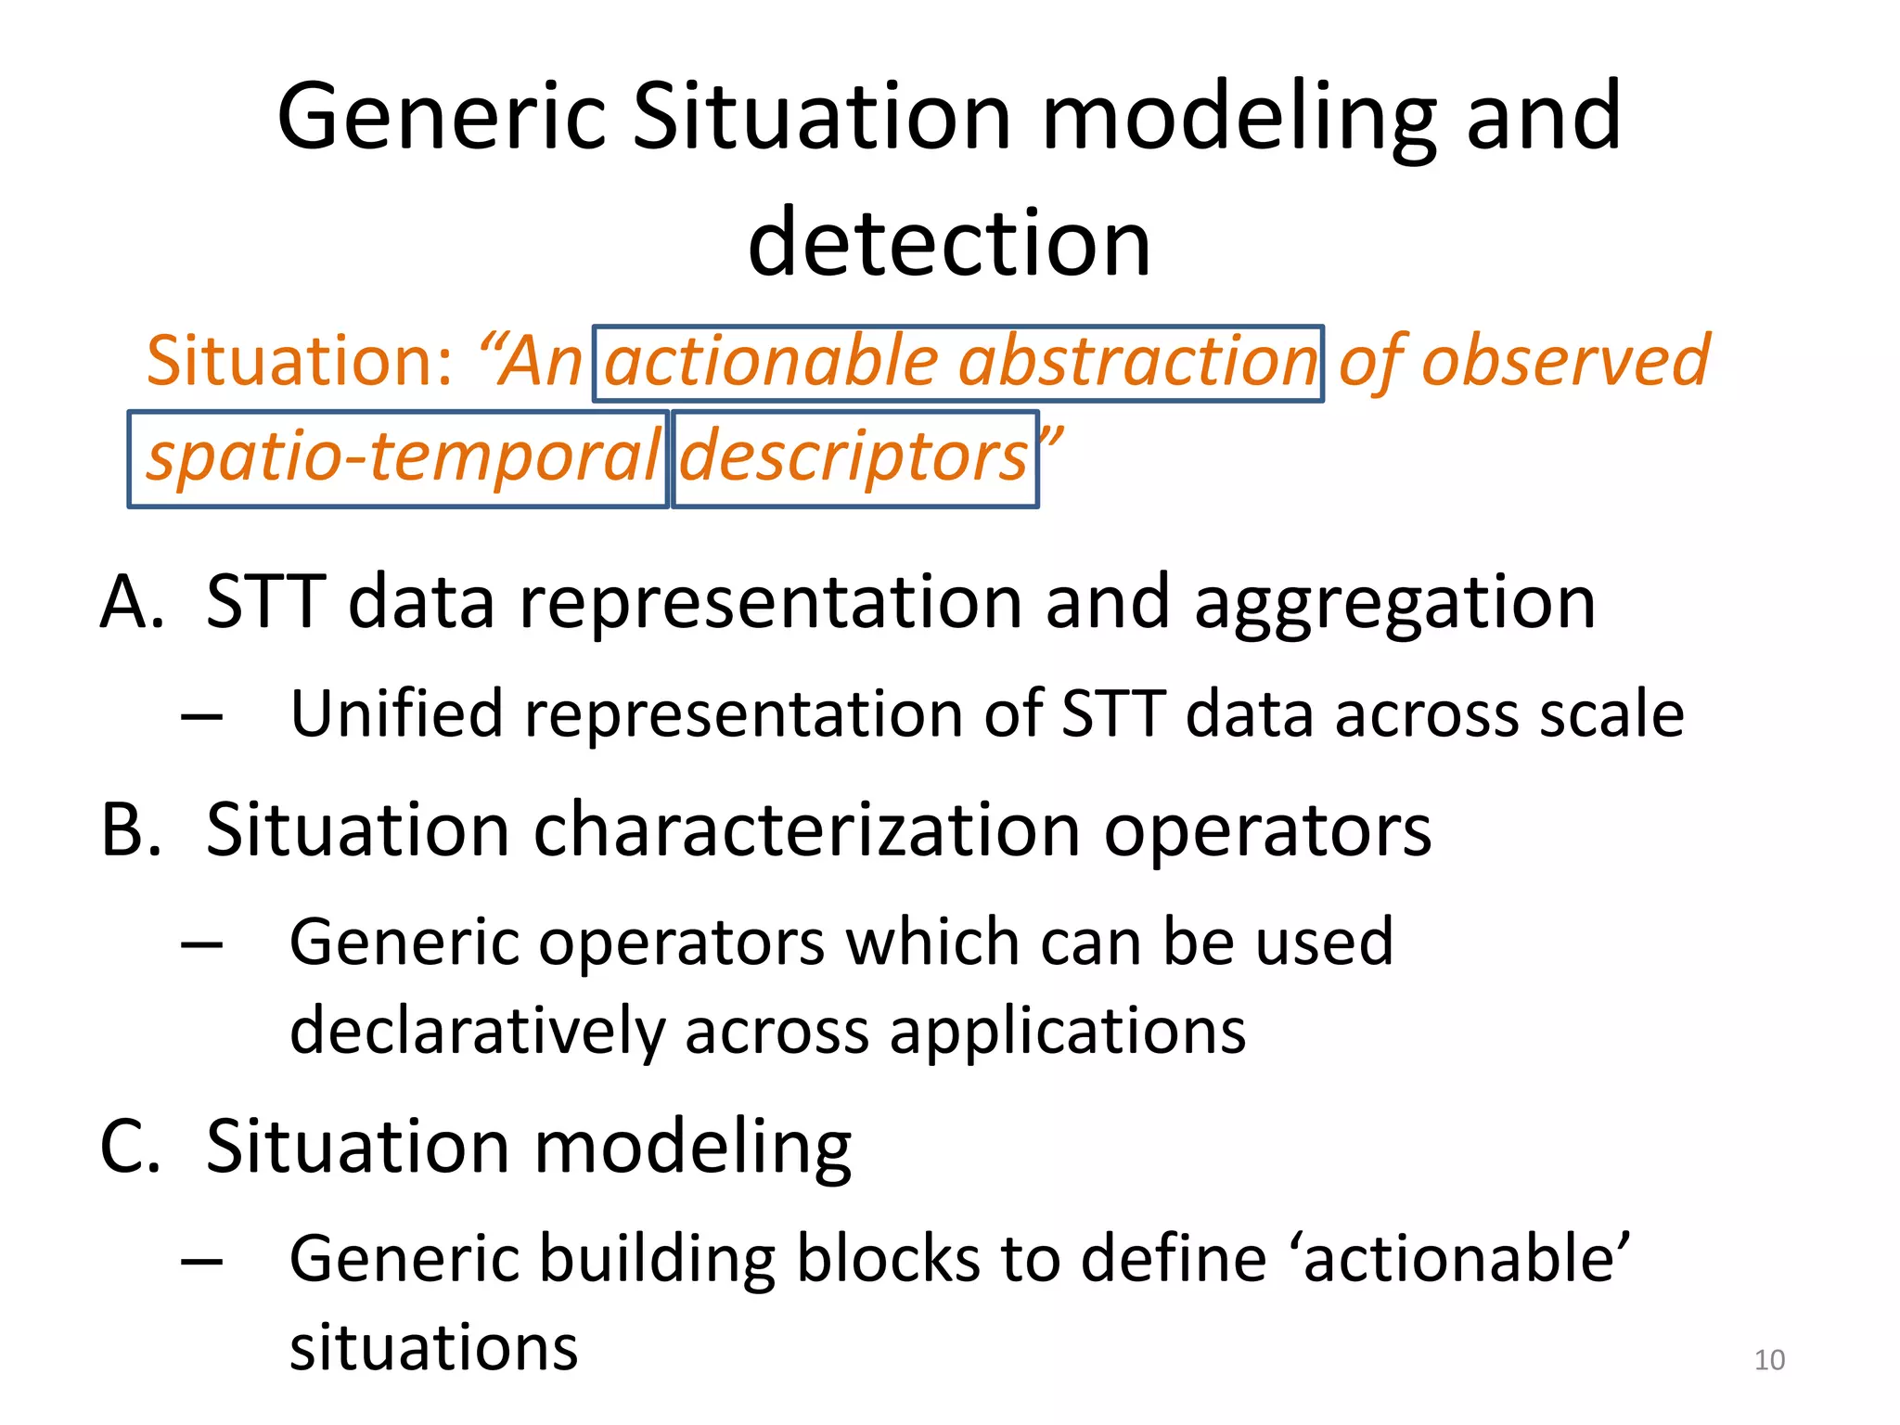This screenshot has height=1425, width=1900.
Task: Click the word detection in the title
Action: tap(949, 243)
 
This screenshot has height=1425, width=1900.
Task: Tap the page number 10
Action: tap(1769, 1360)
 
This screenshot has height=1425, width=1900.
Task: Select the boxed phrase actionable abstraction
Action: tap(958, 363)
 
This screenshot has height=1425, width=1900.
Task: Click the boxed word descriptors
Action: tap(854, 458)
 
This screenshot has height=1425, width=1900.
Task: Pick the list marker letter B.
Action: tap(131, 829)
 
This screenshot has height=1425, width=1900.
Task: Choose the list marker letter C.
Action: tap(131, 1148)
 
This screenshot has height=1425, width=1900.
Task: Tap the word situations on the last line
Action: tap(433, 1347)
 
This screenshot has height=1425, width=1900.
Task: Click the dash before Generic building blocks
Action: tap(202, 1262)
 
